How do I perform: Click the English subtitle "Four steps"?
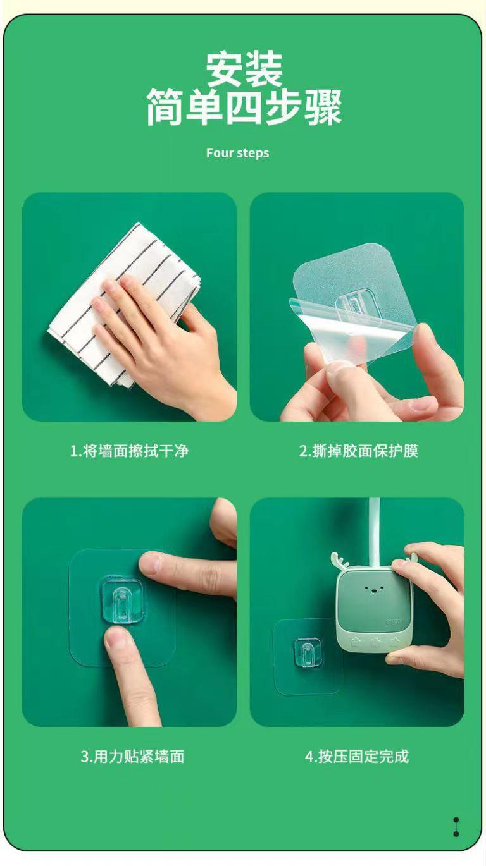pos(237,153)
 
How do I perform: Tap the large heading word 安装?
pos(244,70)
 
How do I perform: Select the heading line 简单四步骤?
pos(244,107)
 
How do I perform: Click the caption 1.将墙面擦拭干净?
pos(129,451)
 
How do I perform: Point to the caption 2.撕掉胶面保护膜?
pos(359,451)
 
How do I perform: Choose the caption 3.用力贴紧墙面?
pos(132,756)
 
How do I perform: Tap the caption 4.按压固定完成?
pos(357,756)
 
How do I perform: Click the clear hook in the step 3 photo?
pos(121,601)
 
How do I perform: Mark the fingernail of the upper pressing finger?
pos(150,563)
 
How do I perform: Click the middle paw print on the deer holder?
pos(375,642)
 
